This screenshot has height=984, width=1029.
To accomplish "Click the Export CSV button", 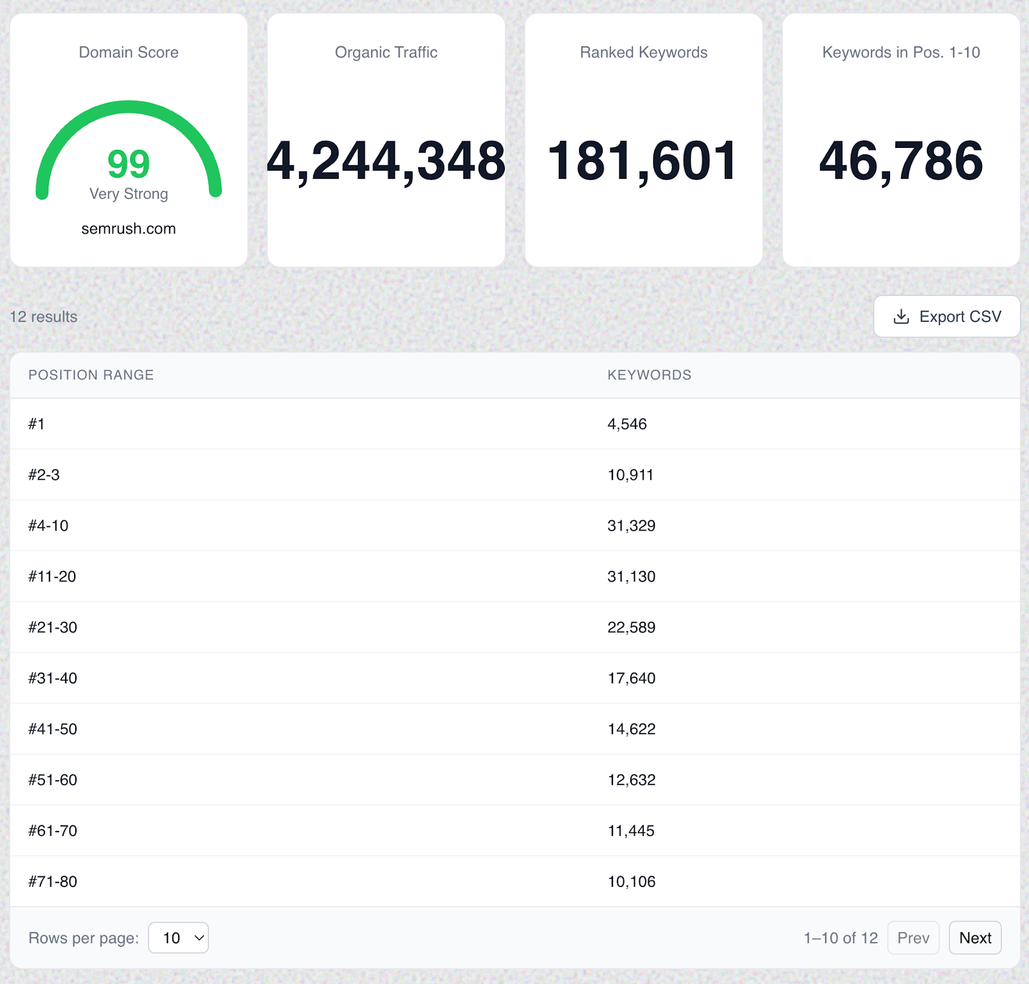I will [x=947, y=316].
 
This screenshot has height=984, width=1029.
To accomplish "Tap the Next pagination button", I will [x=975, y=938].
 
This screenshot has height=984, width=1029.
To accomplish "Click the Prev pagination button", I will [x=913, y=938].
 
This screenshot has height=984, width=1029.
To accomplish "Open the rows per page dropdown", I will [x=178, y=938].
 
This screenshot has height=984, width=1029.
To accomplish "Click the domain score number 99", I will [x=129, y=163].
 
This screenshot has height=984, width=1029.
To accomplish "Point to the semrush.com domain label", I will [x=129, y=228].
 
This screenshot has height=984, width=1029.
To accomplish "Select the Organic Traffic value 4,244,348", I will [x=386, y=161].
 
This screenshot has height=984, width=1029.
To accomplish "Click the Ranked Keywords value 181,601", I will [x=643, y=161].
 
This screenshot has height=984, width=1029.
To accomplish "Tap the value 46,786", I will [x=901, y=161].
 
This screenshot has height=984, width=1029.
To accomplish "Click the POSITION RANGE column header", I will [x=91, y=375].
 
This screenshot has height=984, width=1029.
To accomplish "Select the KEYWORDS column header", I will [x=649, y=375].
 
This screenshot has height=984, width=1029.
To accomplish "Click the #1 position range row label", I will [x=37, y=424].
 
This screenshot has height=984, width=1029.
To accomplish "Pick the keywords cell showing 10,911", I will [x=630, y=475].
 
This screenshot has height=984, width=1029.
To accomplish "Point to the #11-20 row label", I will [x=52, y=576].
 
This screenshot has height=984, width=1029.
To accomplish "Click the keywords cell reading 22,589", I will [x=631, y=627].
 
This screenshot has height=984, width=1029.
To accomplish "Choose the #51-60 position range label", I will [x=53, y=779].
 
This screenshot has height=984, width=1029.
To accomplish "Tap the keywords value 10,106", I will [x=631, y=881].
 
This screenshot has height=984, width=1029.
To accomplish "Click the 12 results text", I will [x=43, y=316].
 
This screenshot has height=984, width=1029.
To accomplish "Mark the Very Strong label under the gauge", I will [x=129, y=194].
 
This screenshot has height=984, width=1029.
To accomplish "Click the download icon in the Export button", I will [x=902, y=316].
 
